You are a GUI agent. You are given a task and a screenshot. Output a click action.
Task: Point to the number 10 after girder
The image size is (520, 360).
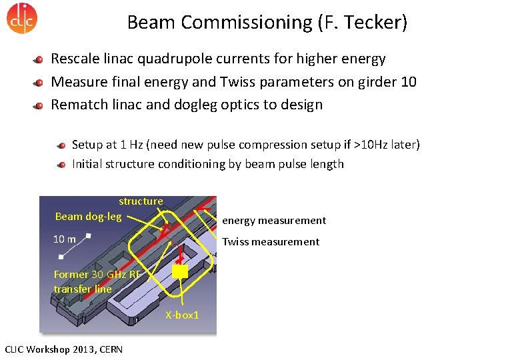click(x=408, y=82)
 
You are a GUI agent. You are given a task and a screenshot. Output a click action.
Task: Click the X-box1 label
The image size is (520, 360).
click(x=182, y=315)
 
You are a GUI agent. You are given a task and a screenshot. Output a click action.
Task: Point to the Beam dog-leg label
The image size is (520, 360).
click(x=88, y=216)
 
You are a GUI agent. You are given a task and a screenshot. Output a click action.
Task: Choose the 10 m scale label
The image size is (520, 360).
click(x=64, y=239)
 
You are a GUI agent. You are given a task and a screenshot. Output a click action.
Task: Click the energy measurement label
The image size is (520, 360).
click(x=274, y=221)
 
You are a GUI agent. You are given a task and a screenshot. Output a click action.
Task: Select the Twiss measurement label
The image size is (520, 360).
click(x=271, y=242)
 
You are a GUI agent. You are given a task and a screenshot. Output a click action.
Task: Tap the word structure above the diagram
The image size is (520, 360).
click(x=141, y=201)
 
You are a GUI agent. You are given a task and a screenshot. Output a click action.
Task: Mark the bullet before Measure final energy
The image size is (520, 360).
click(x=39, y=83)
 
